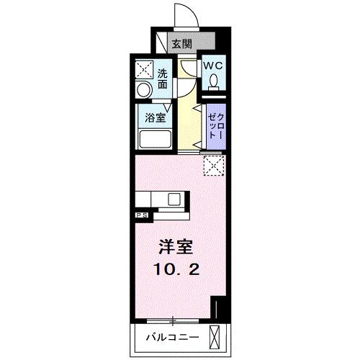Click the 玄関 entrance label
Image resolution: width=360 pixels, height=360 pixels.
[x=181, y=44]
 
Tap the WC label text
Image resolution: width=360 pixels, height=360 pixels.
[x=213, y=66]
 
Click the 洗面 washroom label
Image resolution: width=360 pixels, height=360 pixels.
[x=162, y=78]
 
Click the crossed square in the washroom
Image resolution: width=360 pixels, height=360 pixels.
[x=144, y=70]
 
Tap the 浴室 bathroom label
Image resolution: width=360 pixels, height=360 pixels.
[x=156, y=118]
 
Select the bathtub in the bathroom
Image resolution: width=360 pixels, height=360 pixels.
[x=156, y=139]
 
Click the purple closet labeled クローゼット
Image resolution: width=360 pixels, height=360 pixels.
[x=216, y=127]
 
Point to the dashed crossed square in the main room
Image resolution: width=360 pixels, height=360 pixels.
[x=214, y=166]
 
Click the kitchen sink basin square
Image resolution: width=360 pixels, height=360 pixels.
[x=174, y=199]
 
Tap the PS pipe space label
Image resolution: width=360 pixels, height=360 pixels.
[x=142, y=215]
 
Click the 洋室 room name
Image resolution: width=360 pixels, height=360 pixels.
[x=176, y=247]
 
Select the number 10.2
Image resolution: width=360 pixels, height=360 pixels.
[x=176, y=269]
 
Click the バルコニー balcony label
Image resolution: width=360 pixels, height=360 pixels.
[x=173, y=338]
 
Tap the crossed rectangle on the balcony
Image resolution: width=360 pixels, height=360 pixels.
[x=215, y=337]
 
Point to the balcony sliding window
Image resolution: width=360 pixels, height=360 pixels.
[x=173, y=320]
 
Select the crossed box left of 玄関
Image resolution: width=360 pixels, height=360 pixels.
[x=161, y=42]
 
